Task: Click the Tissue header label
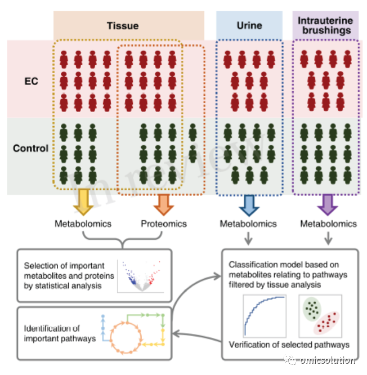(123, 26)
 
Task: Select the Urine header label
(249, 25)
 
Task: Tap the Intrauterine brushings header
(325, 25)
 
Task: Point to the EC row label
(32, 81)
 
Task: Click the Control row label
(30, 148)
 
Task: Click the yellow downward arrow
(83, 202)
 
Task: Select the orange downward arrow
(164, 205)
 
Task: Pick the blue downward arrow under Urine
(249, 206)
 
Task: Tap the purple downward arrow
(328, 205)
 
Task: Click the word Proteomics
(164, 224)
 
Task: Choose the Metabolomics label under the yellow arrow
(83, 224)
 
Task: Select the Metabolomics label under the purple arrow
(329, 224)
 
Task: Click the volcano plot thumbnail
(141, 276)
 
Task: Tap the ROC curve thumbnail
(265, 316)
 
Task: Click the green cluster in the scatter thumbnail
(312, 309)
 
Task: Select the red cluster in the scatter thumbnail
(326, 323)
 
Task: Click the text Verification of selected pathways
(289, 345)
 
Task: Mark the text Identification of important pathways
(60, 333)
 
